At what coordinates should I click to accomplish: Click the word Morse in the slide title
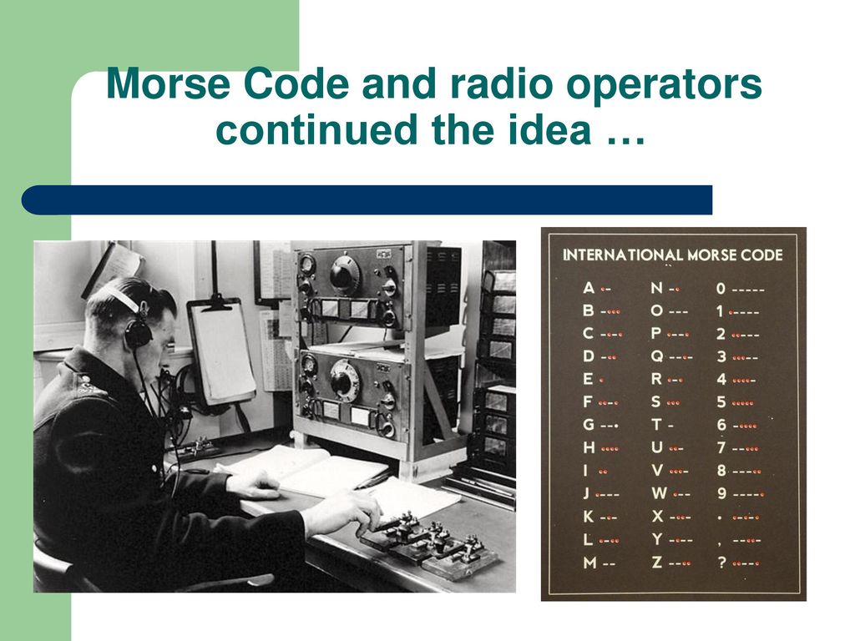[169, 83]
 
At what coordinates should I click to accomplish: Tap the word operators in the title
[664, 86]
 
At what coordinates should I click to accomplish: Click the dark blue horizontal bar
[367, 200]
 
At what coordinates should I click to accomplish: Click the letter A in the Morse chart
[589, 288]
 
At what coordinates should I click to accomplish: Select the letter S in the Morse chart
[656, 401]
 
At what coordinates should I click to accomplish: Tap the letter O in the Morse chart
[656, 310]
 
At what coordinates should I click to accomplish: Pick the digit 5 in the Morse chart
[721, 402]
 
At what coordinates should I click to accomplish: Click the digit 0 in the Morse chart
[721, 289]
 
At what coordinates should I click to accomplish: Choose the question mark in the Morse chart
[722, 562]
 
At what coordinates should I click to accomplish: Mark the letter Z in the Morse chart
[657, 562]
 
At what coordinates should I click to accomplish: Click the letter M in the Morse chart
[589, 563]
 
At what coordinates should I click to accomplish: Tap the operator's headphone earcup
[138, 332]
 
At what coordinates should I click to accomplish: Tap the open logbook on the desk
[306, 469]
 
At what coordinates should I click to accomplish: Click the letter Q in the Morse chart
[657, 356]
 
